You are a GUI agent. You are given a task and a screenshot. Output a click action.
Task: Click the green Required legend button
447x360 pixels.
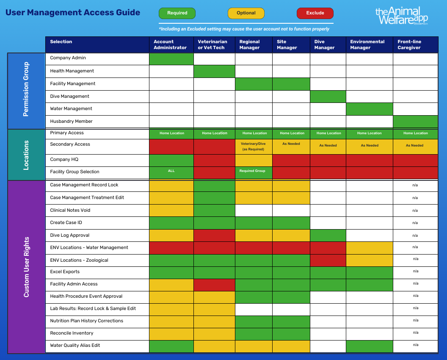pos(177,13)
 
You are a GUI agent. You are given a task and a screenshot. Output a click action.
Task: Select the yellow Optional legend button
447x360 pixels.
pos(246,13)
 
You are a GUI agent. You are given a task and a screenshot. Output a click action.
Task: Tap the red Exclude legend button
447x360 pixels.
pos(315,13)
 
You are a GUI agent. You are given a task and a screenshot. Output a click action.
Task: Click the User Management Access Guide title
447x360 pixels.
pos(73,12)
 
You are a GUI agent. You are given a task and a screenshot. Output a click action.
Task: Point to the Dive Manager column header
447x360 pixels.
pos(328,44)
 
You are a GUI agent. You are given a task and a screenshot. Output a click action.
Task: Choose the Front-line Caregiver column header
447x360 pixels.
pos(415,44)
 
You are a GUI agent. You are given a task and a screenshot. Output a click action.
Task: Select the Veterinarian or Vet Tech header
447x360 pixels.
pos(214,44)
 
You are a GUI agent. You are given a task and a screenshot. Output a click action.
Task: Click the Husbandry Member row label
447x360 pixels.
pos(71,121)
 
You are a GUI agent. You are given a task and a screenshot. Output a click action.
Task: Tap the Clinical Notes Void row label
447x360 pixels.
pos(70,210)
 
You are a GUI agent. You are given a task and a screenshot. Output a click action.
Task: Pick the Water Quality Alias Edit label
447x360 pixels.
pos(75,345)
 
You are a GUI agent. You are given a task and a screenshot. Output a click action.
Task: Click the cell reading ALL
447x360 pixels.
pos(171,171)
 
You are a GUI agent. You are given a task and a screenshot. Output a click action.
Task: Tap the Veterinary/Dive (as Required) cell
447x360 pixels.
pos(253,146)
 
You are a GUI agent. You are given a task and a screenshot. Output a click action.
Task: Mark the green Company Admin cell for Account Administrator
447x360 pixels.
pos(171,58)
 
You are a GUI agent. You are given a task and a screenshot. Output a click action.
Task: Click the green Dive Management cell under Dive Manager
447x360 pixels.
pos(328,96)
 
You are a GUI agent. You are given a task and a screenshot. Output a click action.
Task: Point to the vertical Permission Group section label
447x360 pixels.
pos(26,89)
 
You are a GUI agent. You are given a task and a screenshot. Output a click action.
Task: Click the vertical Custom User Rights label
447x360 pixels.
pos(26,267)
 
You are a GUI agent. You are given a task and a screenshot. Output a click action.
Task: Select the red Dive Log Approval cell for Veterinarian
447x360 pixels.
pos(214,235)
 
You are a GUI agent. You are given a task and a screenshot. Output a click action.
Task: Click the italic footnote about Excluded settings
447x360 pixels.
pos(244,29)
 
